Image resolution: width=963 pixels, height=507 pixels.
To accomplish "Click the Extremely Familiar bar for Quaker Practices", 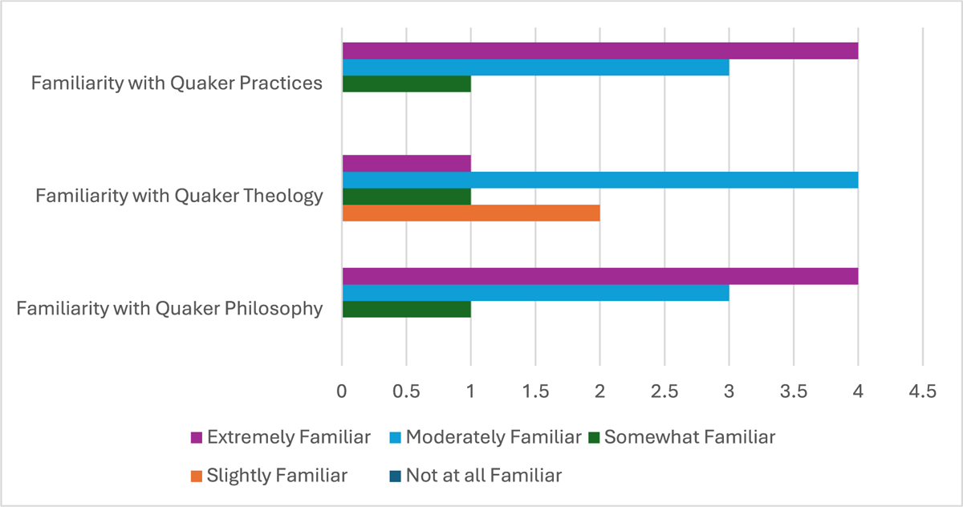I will [600, 51].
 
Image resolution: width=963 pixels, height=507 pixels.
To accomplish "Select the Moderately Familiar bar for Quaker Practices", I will [535, 67].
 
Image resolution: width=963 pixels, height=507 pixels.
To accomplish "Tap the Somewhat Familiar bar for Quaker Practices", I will [406, 83].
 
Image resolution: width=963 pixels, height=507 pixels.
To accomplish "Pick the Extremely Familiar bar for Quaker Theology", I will [406, 164].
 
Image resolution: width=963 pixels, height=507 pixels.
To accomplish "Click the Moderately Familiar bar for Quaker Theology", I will [600, 180].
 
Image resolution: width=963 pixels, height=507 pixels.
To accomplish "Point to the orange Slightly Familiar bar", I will [471, 213].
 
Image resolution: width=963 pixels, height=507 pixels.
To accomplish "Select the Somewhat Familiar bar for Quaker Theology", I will [406, 197].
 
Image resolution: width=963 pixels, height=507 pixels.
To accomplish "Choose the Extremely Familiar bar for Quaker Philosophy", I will [600, 277].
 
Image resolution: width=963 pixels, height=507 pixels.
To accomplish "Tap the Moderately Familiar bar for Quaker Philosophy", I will [535, 293].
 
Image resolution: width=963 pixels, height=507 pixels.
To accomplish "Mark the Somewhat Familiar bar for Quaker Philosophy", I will [406, 310].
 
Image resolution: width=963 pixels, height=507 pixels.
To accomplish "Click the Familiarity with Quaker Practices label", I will [177, 83].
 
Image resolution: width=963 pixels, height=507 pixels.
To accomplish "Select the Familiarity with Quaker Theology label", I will [179, 195].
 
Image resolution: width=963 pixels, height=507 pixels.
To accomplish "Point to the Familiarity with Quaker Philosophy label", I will [169, 308].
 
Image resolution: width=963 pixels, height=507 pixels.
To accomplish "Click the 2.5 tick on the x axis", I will [664, 392].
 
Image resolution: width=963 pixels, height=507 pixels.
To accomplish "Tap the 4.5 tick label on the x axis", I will [922, 392].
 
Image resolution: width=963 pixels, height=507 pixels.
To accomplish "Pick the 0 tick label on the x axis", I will [342, 392].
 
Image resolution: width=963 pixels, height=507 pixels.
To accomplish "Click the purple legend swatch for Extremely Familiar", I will [196, 438].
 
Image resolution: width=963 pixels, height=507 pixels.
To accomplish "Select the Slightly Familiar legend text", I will [277, 475].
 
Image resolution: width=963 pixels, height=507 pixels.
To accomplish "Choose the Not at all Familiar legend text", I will [483, 475].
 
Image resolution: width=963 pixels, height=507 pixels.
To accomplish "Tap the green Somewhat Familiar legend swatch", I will [594, 438].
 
